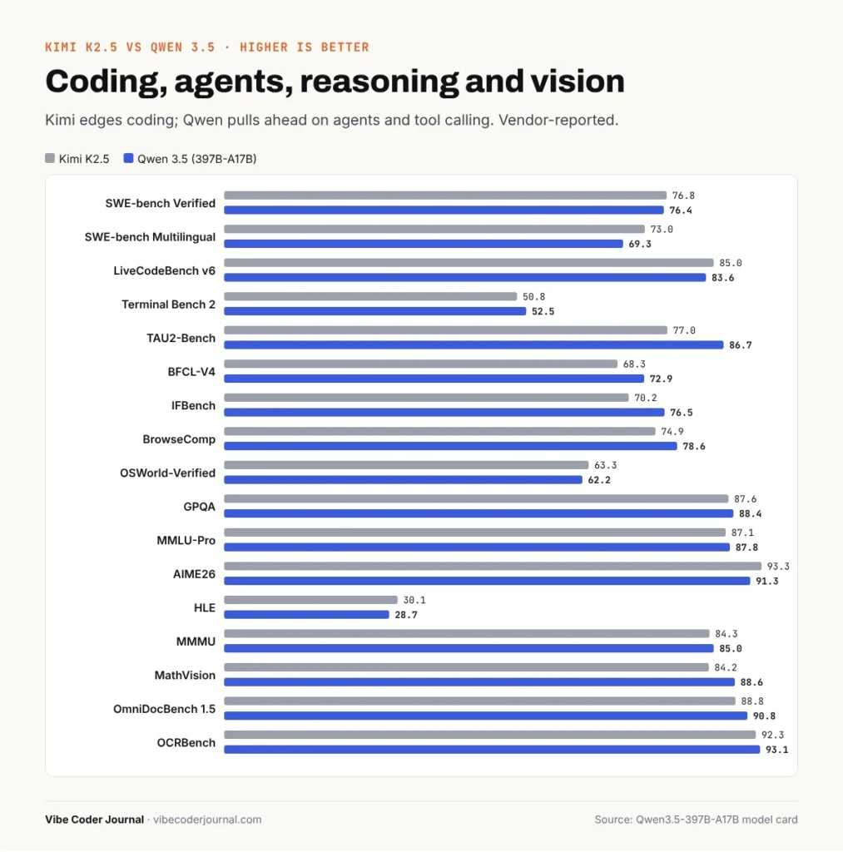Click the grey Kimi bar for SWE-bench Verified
(x=445, y=195)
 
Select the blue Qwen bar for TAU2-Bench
(x=474, y=344)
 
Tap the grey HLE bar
(x=310, y=599)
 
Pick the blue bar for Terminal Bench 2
(x=375, y=311)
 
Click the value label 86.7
(x=741, y=345)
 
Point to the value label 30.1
(x=414, y=600)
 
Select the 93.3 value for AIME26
(x=778, y=566)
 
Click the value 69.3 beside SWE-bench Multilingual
(x=640, y=244)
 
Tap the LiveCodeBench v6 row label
(x=164, y=270)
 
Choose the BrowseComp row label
(x=179, y=439)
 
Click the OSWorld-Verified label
(x=167, y=473)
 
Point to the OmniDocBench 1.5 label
(x=164, y=709)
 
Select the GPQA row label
(x=200, y=507)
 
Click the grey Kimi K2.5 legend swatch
(x=50, y=158)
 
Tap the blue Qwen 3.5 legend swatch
(x=128, y=158)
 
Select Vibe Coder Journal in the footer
(x=95, y=820)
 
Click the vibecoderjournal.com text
(x=207, y=820)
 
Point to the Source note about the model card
(x=696, y=820)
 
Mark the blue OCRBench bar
(x=492, y=750)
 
